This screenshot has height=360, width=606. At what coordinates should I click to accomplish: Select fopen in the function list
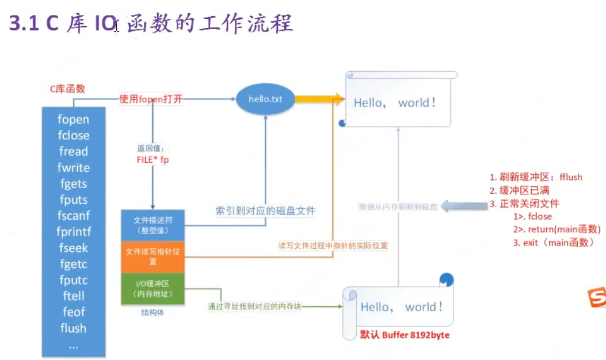coord(74,120)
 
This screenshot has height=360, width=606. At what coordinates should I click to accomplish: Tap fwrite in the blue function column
coord(74,168)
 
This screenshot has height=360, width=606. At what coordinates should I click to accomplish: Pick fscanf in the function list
coord(74,216)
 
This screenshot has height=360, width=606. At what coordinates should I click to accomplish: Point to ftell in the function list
coord(74,296)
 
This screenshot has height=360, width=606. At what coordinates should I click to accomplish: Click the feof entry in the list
coord(74,312)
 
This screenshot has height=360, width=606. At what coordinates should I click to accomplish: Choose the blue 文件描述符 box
coord(153,225)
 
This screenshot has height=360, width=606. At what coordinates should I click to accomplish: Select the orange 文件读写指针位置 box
coord(153,256)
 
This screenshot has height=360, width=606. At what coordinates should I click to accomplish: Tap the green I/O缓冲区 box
coord(153,288)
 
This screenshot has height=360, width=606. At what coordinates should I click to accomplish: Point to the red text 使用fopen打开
coord(151,99)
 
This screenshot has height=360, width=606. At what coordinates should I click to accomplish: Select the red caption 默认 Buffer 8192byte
coord(405,335)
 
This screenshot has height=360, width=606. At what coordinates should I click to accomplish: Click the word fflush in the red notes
coord(570,177)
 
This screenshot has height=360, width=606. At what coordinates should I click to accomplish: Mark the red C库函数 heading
coord(67,89)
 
